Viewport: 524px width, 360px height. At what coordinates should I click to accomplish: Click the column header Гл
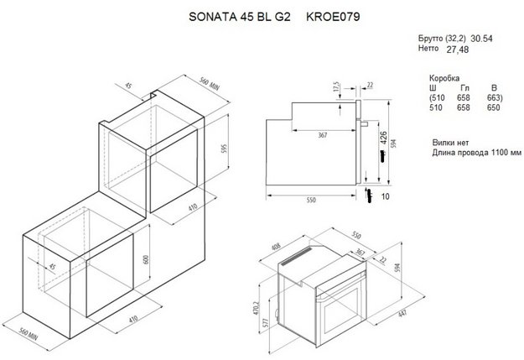tap(464, 87)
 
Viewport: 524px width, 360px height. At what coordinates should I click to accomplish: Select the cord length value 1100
tap(491, 154)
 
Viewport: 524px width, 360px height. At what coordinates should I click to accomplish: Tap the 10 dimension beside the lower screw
tap(386, 196)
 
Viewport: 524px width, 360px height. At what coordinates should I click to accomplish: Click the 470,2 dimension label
tap(260, 306)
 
